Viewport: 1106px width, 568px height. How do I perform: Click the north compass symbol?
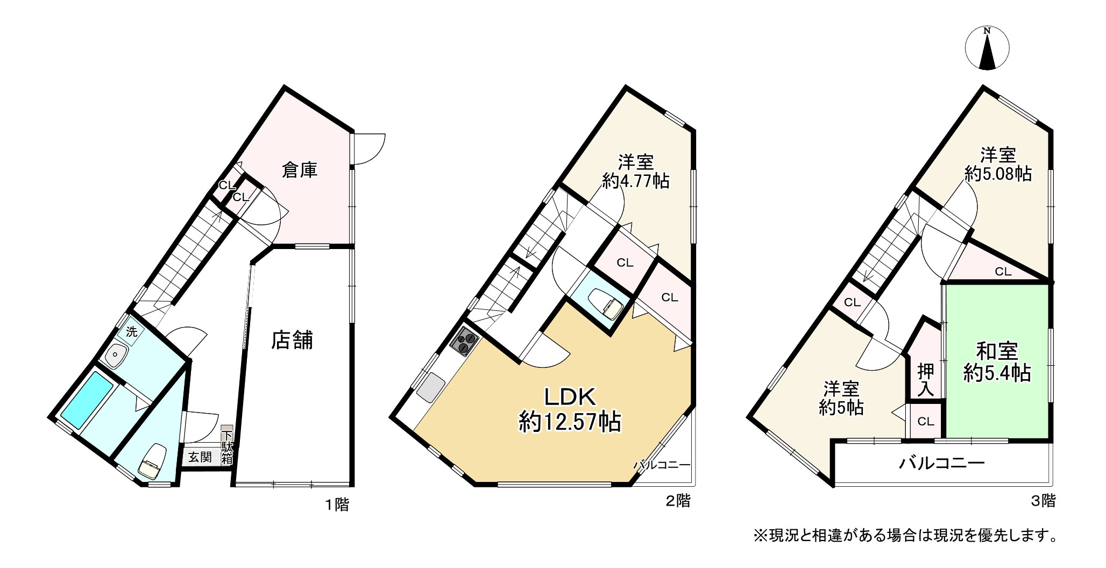pos(987,48)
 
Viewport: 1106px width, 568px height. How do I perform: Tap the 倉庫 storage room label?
pos(300,170)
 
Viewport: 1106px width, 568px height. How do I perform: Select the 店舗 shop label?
pos(292,340)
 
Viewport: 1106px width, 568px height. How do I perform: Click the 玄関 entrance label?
pos(200,458)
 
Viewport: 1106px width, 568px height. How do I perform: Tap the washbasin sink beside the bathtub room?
pos(116,355)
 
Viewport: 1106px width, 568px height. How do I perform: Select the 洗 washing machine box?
pos(131,332)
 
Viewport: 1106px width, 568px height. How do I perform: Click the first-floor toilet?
pos(152,460)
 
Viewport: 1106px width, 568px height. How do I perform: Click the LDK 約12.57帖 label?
pos(570,410)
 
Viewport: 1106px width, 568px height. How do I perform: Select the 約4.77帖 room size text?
pos(636,181)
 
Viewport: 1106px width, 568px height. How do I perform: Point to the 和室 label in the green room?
pos(997,351)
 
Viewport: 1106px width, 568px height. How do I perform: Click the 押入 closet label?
pos(926,380)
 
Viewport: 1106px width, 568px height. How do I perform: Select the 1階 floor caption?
pos(336,505)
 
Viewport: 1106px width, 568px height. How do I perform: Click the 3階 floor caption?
pos(1043,501)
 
